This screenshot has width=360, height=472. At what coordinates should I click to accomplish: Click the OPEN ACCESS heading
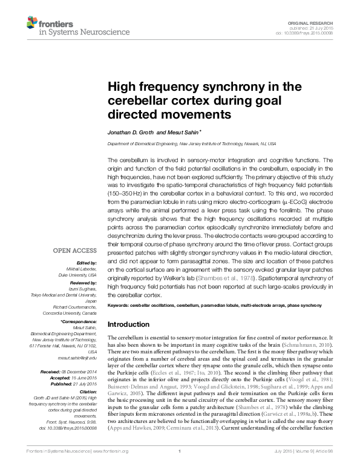tap(75, 250)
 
